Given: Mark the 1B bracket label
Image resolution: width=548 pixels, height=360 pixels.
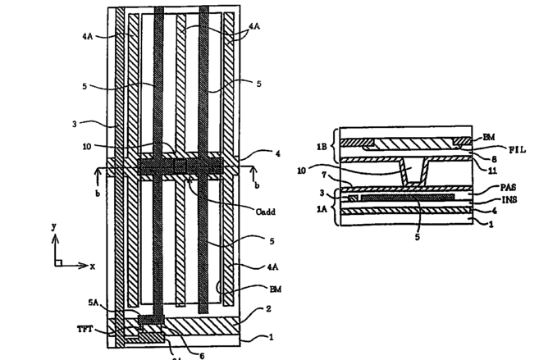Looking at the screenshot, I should (322, 145).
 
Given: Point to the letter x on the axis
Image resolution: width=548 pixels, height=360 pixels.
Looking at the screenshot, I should (93, 267).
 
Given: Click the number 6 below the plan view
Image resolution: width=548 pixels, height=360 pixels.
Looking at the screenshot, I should (203, 354).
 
